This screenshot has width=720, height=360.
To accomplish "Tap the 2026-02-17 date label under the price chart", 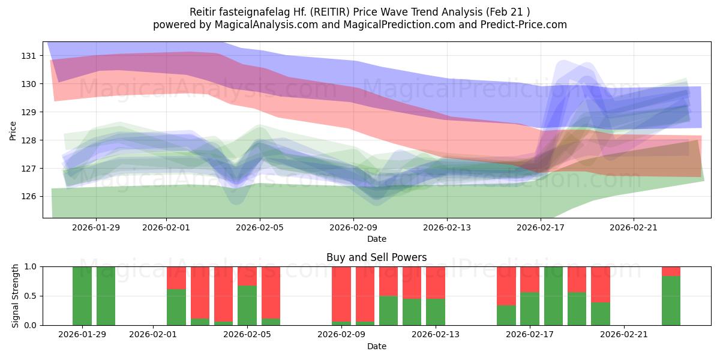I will point(541,227).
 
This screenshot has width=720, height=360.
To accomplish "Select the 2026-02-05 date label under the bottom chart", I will point(247,335).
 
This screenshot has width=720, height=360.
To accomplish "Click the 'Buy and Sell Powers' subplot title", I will point(376,257).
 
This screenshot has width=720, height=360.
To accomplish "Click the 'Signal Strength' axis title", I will point(16,296).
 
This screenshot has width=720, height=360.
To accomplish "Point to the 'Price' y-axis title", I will point(13,130).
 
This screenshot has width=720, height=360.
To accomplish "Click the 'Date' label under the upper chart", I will point(376,239).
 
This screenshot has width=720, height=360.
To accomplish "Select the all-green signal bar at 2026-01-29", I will point(82,296).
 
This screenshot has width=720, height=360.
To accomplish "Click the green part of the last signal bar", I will point(671,300).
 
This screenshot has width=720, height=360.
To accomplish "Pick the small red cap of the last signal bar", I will point(671,271).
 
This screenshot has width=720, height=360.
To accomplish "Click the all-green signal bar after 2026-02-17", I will point(553,296).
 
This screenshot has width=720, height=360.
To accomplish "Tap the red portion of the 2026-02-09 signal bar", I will point(341,294).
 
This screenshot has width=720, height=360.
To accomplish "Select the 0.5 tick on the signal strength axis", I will point(31,296).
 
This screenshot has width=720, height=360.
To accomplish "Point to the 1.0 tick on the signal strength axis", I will point(31,266).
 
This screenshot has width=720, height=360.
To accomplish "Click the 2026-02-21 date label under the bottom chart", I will point(624,335).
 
